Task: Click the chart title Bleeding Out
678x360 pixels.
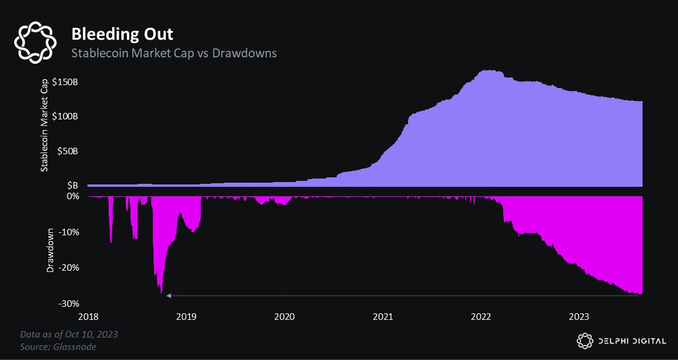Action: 122,34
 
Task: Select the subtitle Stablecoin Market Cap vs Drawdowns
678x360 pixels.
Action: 174,53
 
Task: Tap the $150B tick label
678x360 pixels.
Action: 64,82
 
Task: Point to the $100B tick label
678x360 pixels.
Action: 64,116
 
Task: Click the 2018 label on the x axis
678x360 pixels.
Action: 89,317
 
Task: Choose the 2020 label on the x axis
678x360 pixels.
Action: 285,317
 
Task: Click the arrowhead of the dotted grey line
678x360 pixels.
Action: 168,295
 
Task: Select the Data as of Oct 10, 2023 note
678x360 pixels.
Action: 69,335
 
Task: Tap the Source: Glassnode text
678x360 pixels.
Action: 58,346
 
